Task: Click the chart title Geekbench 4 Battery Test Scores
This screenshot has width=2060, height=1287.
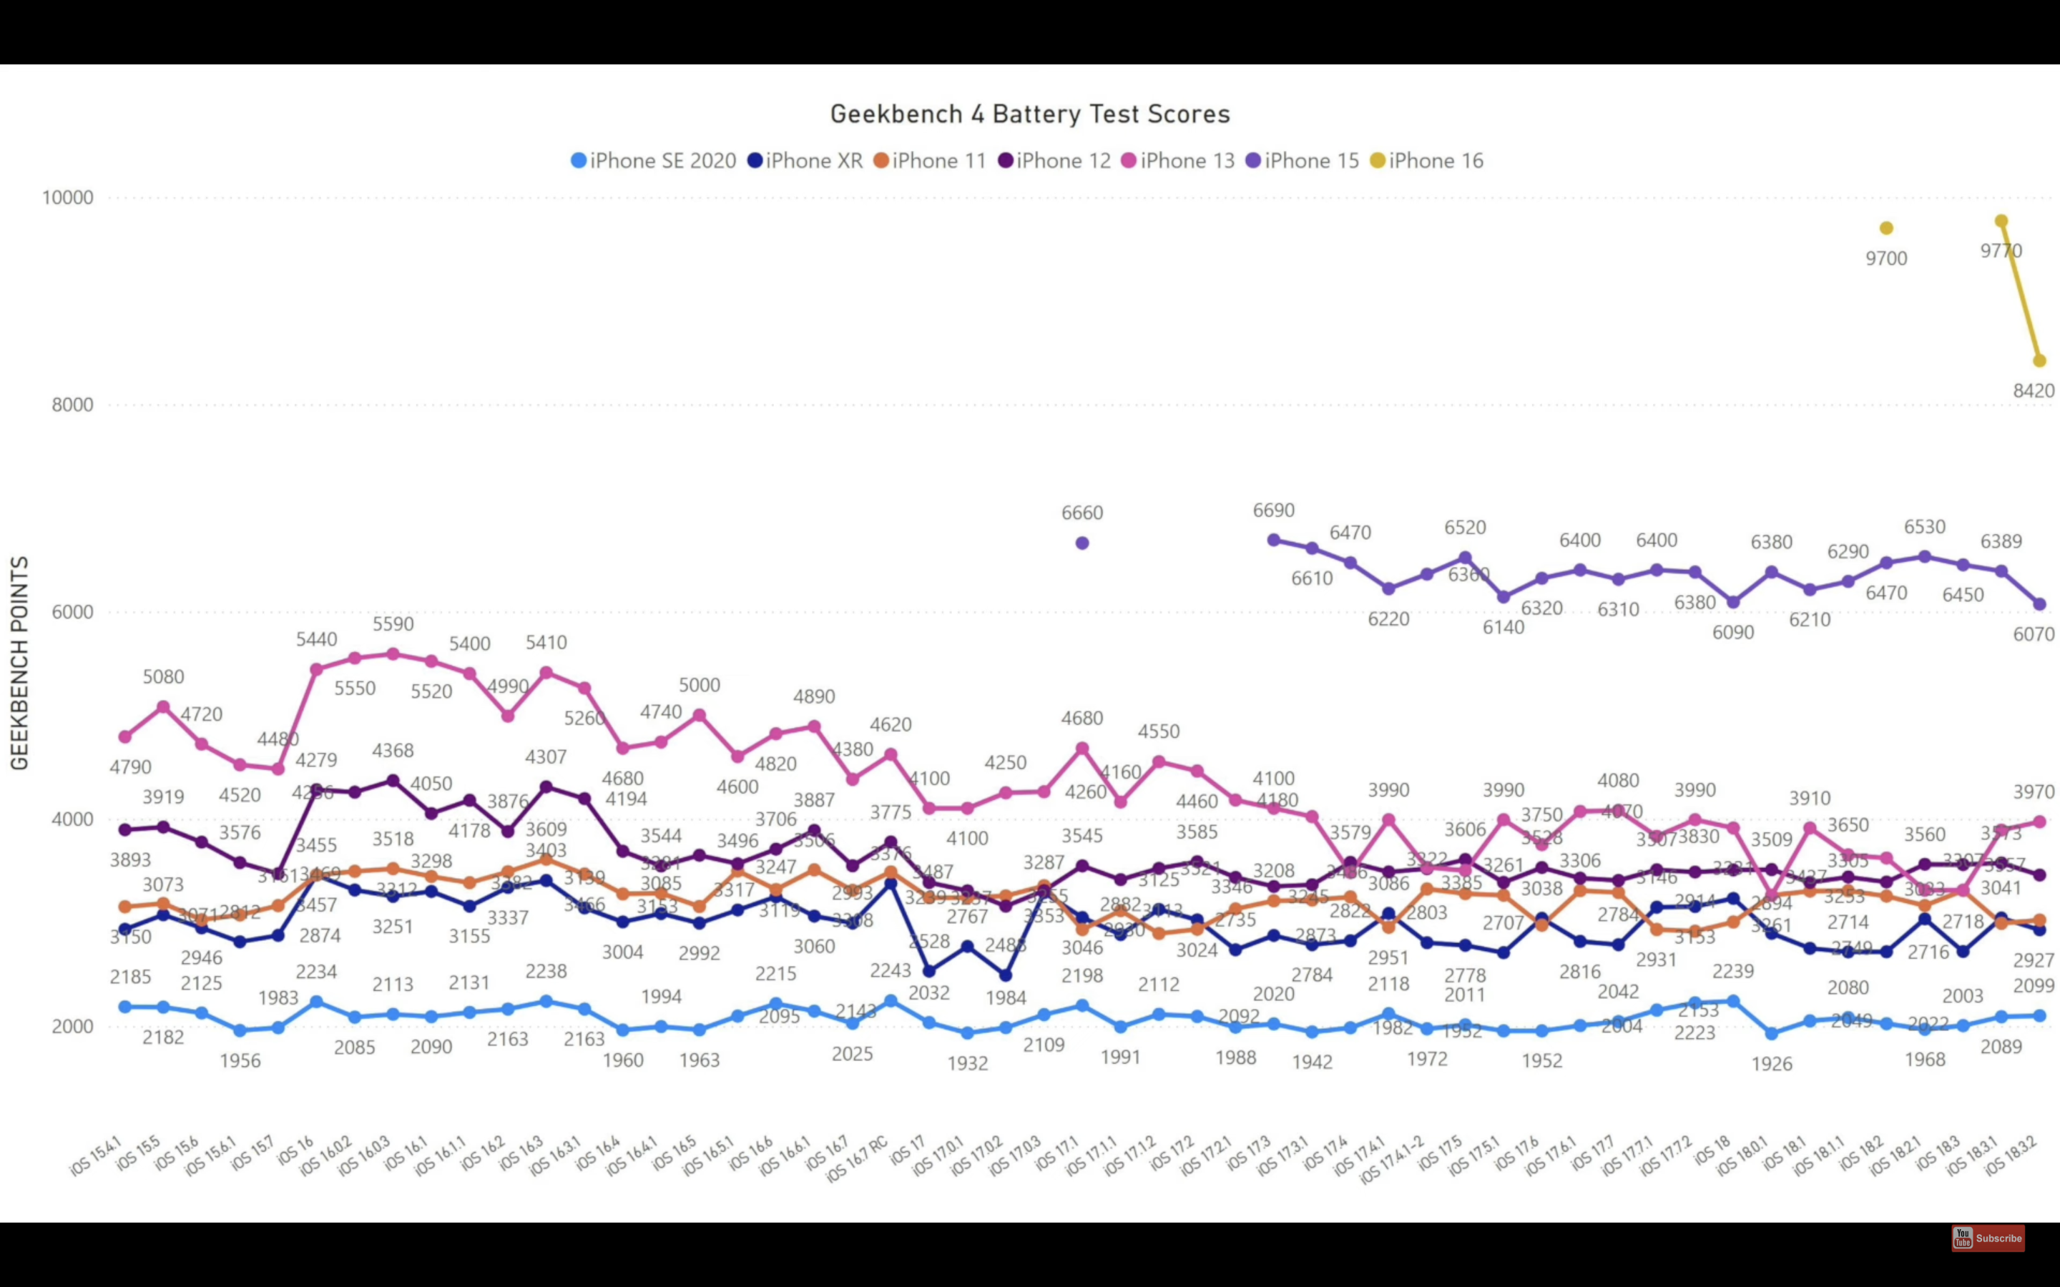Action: coord(1030,114)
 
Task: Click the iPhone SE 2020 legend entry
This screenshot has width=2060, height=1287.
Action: coord(654,161)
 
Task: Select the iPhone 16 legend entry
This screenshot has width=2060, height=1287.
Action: coord(1428,161)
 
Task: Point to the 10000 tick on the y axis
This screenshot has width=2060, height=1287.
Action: coord(68,197)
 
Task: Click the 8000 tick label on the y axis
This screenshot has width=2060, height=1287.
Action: coord(72,404)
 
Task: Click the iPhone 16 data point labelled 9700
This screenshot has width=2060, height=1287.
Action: coord(1886,228)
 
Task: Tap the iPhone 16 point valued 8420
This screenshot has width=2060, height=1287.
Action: coord(2039,361)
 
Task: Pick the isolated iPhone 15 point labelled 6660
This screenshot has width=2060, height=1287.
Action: coord(1082,543)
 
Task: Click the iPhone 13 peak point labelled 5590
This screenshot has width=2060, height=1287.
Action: coord(393,654)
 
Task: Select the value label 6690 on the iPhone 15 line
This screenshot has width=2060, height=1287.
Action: coord(1273,511)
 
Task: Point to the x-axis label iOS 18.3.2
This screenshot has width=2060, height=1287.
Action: coord(2012,1155)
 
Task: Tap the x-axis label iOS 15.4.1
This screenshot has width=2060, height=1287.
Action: coord(96,1155)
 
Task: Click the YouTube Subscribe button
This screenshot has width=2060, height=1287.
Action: coord(1988,1238)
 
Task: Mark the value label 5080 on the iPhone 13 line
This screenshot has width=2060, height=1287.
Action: coord(163,676)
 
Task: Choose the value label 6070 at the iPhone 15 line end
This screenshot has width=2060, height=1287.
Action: coord(2034,634)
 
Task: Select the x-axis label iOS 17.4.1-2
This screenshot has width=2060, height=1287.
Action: coord(1393,1158)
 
